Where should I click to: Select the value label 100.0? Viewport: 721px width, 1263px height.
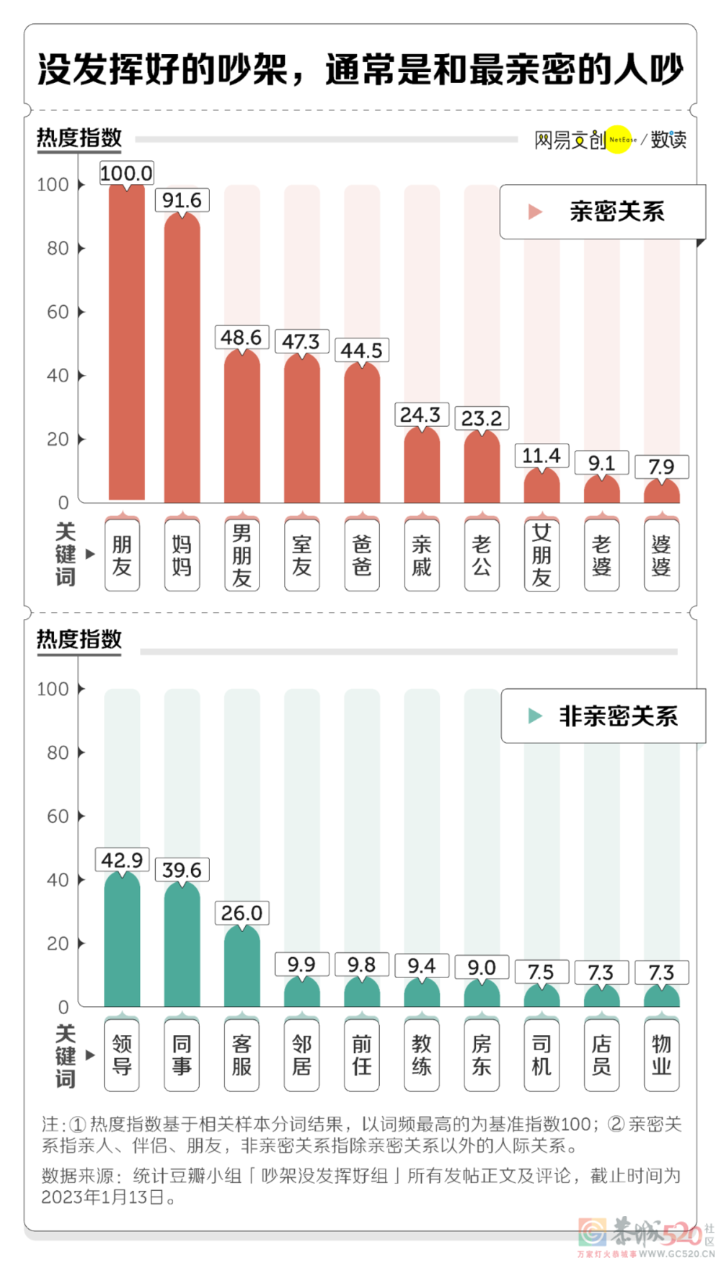[126, 173]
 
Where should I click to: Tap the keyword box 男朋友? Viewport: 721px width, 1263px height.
[242, 554]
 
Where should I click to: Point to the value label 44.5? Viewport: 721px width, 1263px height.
[361, 351]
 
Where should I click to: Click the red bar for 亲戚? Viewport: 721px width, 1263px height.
[422, 465]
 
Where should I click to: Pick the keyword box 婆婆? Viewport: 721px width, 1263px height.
[661, 554]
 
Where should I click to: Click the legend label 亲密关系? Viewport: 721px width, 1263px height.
[616, 211]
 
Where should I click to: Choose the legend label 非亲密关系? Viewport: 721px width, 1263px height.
[619, 716]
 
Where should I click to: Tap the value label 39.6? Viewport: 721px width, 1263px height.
[182, 870]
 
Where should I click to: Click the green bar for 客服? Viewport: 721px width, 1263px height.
[242, 967]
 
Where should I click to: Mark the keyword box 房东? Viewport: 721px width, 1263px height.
[482, 1055]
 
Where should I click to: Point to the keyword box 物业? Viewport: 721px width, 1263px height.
[661, 1055]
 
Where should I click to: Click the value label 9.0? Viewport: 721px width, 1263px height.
[482, 967]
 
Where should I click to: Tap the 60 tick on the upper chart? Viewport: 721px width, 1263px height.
[58, 312]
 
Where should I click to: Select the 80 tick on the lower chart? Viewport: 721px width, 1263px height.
[58, 753]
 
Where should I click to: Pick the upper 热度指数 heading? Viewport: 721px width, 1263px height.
[79, 137]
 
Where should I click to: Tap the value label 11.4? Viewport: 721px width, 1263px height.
[541, 456]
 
